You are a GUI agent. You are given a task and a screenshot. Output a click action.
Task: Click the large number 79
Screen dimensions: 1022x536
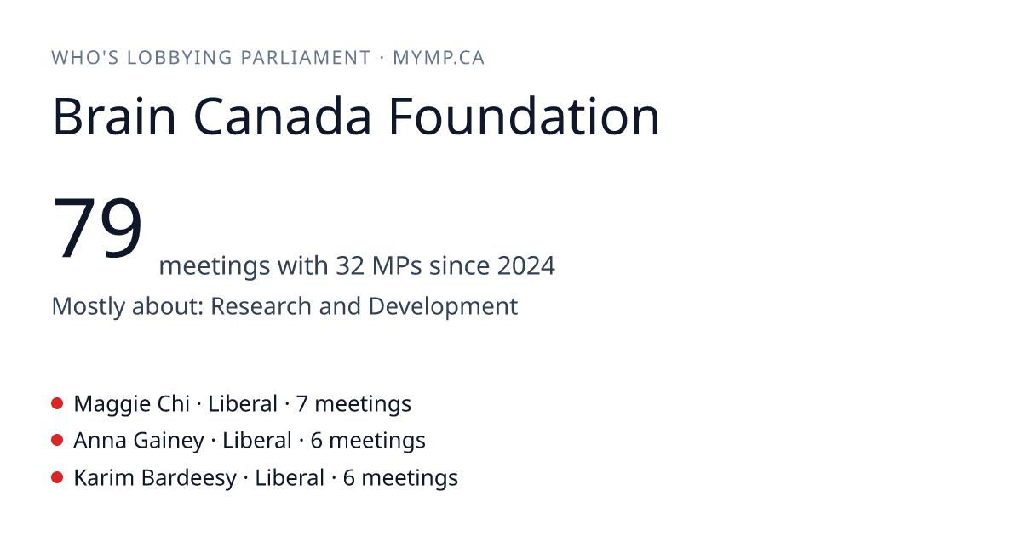[97, 227]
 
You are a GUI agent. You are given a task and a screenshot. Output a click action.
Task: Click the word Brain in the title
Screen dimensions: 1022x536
[114, 117]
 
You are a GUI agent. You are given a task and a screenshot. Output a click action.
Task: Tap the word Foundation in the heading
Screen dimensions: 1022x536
[525, 117]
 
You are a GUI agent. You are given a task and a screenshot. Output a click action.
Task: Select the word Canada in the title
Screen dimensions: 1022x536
[283, 117]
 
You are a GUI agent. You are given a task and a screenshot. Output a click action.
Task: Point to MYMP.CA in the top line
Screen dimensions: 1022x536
[439, 58]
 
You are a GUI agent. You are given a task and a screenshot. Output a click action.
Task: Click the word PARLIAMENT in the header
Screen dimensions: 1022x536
[306, 58]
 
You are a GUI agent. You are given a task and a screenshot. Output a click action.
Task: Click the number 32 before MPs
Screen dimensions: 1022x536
[350, 265]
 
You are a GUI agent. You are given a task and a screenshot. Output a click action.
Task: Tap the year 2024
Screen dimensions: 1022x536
[526, 265]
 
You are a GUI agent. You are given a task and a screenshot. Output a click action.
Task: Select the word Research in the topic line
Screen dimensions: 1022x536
[261, 305]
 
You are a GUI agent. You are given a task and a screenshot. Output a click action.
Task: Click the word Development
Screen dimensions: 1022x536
[443, 307]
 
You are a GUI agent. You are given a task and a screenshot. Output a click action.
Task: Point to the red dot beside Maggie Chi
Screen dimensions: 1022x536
[57, 403]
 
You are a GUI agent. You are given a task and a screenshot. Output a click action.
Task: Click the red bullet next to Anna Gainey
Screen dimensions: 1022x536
[57, 441]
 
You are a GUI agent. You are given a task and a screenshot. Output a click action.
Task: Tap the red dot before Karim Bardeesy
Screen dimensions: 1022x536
[57, 477]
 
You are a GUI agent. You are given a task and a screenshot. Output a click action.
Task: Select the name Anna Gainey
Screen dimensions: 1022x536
[139, 442]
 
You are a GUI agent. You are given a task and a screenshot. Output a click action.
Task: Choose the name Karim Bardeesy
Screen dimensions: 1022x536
[155, 478]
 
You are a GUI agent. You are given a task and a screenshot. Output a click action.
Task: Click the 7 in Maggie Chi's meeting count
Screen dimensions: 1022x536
[302, 404]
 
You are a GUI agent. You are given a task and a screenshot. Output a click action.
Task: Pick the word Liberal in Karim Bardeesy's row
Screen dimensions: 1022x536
[290, 477]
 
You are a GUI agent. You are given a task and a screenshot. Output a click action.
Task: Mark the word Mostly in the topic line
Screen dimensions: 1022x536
[88, 307]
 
